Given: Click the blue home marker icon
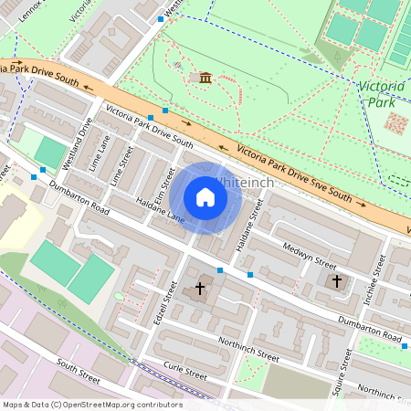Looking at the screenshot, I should (x=205, y=197).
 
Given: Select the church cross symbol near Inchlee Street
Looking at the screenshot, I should (x=337, y=281).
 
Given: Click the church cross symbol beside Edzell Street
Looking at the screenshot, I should (x=200, y=289).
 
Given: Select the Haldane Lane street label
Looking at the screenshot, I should (x=160, y=210).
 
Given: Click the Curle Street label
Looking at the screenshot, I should (x=185, y=371).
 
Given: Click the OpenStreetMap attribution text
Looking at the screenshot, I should (x=91, y=405).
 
